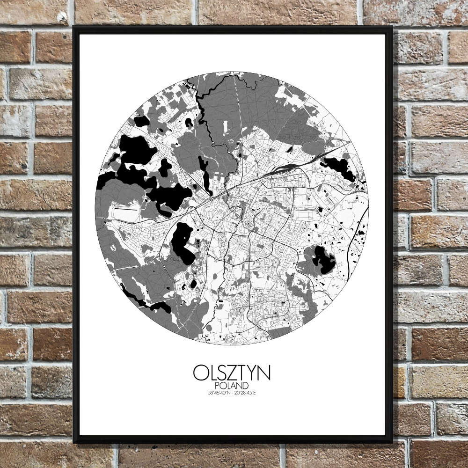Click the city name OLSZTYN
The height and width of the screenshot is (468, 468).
[231, 373]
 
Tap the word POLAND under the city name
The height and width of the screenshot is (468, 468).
[231, 385]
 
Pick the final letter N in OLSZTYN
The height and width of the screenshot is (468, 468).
[264, 373]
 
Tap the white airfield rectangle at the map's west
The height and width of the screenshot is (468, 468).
[124, 213]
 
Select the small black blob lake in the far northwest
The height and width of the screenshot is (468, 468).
[141, 121]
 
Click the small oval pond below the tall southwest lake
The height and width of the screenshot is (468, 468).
[193, 284]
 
